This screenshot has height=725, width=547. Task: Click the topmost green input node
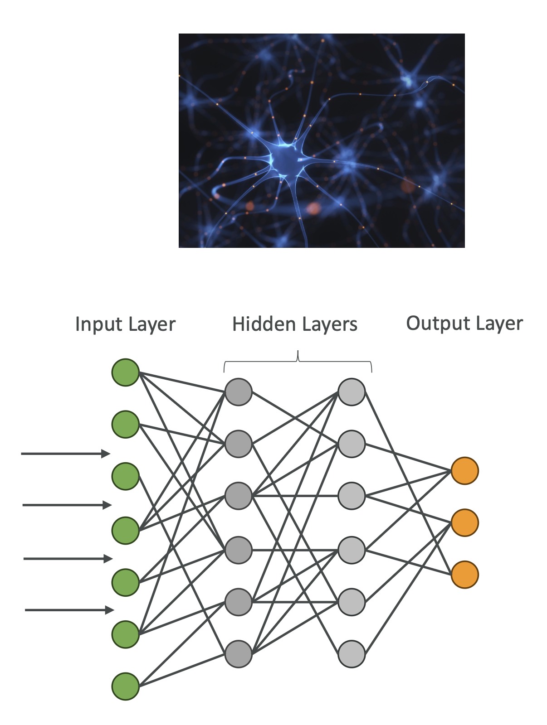click(x=125, y=372)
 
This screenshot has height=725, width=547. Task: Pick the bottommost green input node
click(x=125, y=686)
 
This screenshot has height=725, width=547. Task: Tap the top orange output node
click(x=464, y=471)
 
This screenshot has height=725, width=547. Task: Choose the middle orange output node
click(x=464, y=523)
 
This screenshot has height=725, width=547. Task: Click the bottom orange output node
click(x=464, y=575)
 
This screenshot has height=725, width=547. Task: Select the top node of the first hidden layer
click(x=239, y=392)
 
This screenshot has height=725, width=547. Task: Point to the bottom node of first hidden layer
click(x=239, y=654)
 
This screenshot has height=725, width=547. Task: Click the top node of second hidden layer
click(x=352, y=392)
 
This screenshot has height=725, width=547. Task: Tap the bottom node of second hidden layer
click(x=352, y=654)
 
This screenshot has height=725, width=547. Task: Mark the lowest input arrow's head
click(x=110, y=610)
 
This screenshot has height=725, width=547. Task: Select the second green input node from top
click(x=125, y=424)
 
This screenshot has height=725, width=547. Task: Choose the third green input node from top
click(x=125, y=476)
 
